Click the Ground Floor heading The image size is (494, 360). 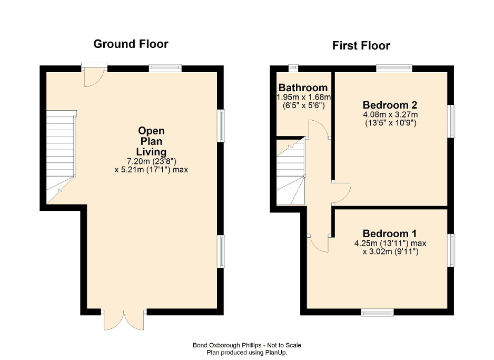click(131, 44)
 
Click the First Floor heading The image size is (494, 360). click(361, 46)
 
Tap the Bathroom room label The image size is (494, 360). click(303, 87)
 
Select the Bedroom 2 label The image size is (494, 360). click(389, 104)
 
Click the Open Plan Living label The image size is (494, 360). click(151, 141)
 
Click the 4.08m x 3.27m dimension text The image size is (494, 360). click(389, 114)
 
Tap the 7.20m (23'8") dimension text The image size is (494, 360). click(151, 161)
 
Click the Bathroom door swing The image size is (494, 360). click(319, 129)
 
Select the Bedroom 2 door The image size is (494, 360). click(341, 192)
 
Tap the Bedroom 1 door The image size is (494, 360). click(319, 244)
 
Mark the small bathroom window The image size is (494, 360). click(293, 67)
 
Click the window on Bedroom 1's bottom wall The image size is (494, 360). click(377, 313)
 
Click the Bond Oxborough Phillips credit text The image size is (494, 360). click(246, 345)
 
